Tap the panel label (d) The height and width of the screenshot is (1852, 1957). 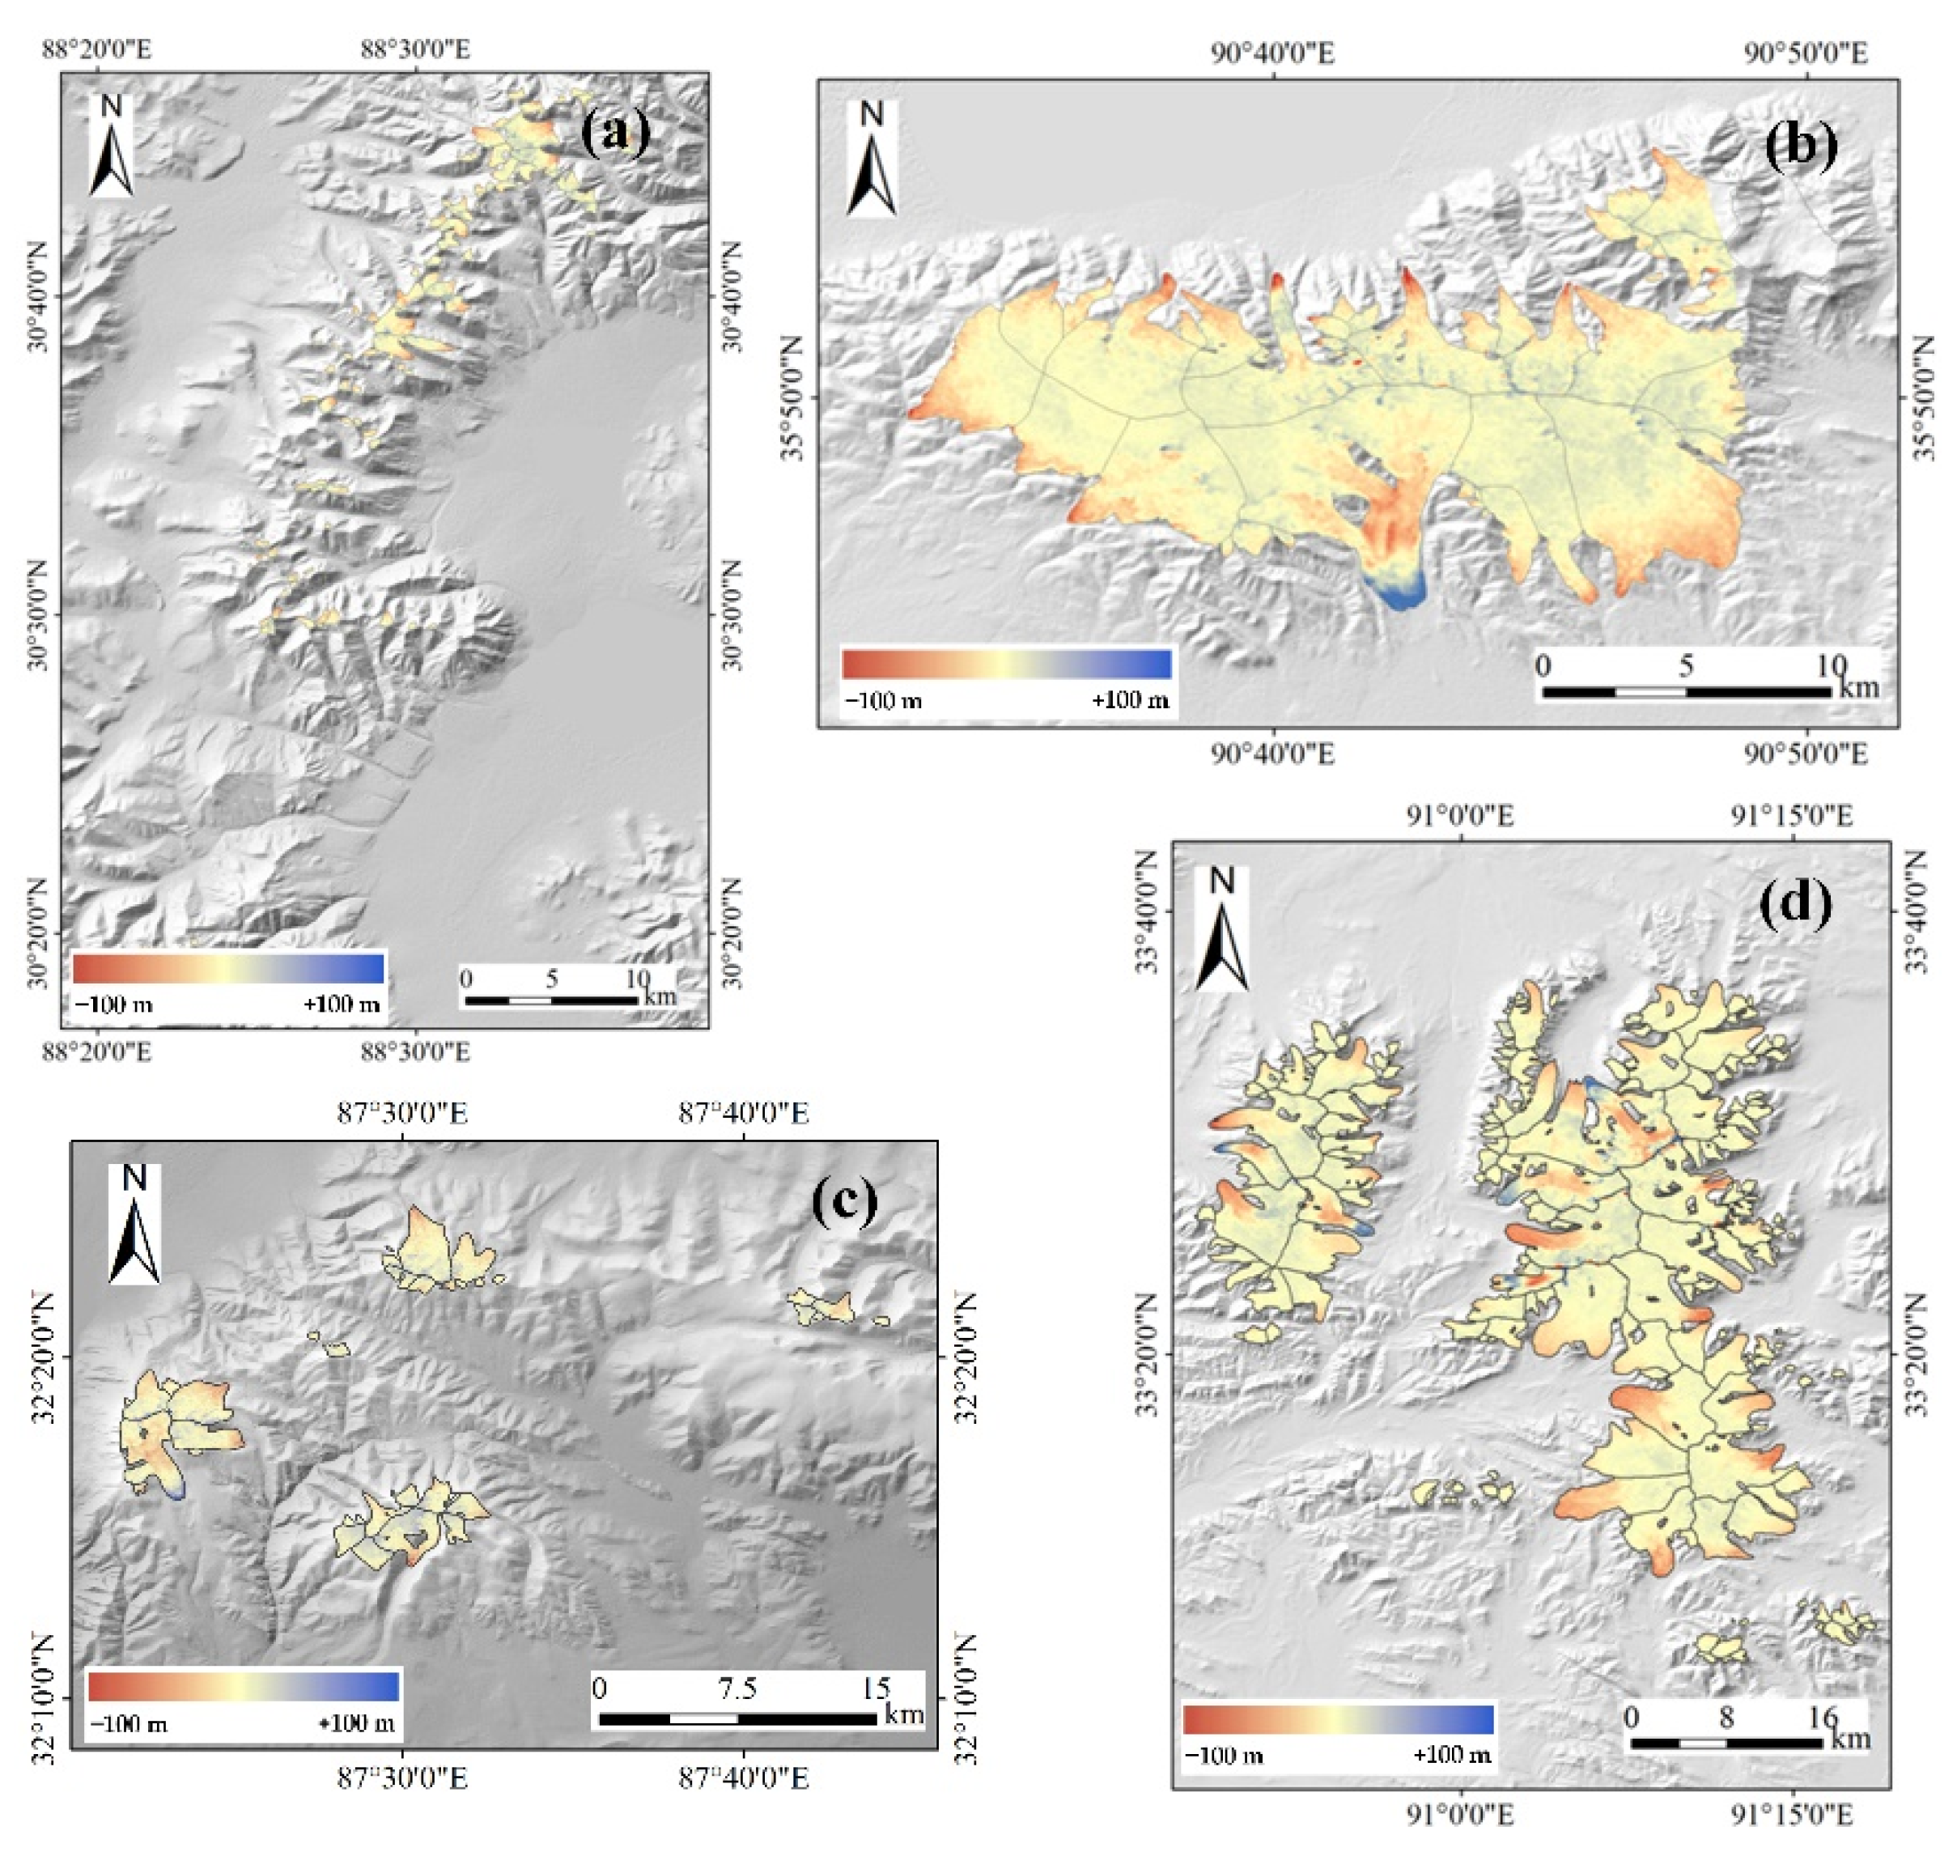[1796, 903]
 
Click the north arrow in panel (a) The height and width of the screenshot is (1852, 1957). [112, 147]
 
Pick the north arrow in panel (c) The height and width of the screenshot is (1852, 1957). [134, 1224]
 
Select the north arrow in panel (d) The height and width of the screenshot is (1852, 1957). [1222, 928]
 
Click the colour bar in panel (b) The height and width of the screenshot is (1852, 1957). [1007, 664]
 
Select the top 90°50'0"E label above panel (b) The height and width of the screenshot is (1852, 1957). [1805, 53]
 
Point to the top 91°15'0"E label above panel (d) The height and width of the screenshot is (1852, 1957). [1790, 815]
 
